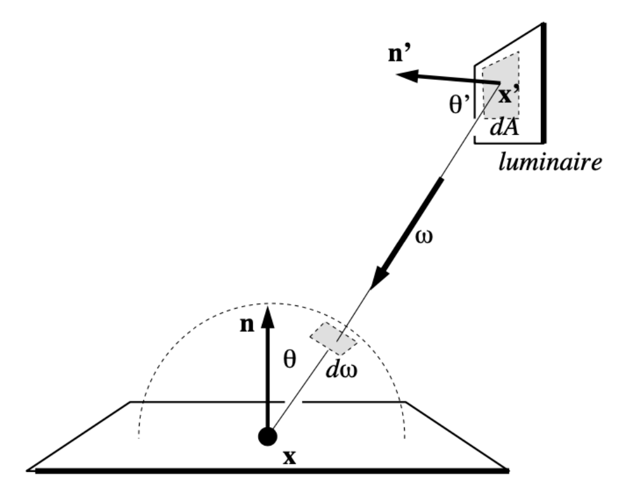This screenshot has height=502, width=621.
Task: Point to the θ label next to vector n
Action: click(x=290, y=360)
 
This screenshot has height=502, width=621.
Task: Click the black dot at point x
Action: click(x=267, y=437)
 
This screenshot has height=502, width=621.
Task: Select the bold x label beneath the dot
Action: click(x=291, y=458)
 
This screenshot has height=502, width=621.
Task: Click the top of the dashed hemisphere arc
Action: click(x=272, y=303)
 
